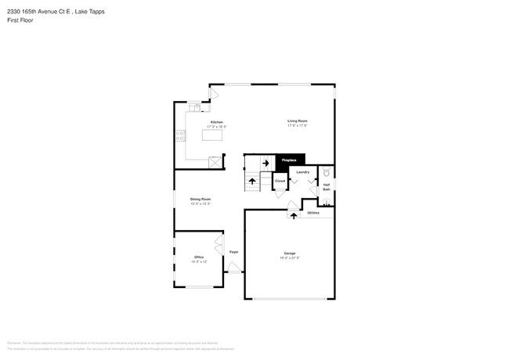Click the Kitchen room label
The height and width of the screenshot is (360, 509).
(x=216, y=122)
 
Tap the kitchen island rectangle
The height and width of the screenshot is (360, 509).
(x=211, y=135)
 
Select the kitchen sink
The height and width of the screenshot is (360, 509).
(x=193, y=108)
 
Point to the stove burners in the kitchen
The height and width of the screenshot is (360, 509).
(x=180, y=135)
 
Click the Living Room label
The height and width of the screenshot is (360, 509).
(x=297, y=121)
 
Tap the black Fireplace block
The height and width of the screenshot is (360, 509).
(x=289, y=160)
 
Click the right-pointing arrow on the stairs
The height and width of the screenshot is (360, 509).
(x=265, y=163)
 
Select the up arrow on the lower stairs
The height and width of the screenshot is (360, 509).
(x=252, y=181)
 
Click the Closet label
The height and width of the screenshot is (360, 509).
(x=280, y=181)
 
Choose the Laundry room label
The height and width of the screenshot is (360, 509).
(x=302, y=171)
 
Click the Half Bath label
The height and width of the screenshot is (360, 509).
(x=327, y=187)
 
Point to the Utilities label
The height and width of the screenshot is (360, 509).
(x=313, y=212)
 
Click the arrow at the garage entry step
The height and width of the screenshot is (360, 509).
(x=294, y=215)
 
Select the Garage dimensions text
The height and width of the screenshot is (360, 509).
(x=290, y=257)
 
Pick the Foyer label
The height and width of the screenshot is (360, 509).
(x=233, y=251)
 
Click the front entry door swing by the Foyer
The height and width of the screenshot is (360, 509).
(x=233, y=267)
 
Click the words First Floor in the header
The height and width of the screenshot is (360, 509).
(x=17, y=20)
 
